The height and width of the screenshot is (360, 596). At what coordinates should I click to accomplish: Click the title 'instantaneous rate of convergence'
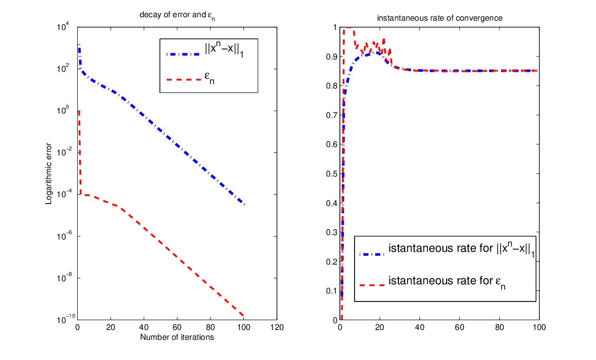[x=440, y=18]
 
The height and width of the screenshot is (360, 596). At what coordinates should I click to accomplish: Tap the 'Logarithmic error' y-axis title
[x=48, y=174]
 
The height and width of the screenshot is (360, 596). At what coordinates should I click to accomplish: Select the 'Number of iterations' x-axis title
[x=177, y=337]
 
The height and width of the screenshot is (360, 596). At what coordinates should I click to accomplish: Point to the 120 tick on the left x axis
[x=277, y=327]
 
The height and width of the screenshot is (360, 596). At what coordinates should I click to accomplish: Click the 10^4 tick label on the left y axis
[x=63, y=27]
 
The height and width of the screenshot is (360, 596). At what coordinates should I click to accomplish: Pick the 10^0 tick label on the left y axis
[x=63, y=110]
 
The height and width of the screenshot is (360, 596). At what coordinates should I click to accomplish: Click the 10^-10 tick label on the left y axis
[x=66, y=319]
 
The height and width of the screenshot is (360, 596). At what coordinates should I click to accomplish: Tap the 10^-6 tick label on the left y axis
[x=64, y=236]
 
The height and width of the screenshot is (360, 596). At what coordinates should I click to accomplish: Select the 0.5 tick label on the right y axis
[x=331, y=174]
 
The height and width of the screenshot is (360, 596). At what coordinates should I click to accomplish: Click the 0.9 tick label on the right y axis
[x=331, y=57]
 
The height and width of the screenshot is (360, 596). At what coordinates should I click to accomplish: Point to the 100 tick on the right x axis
[x=539, y=327]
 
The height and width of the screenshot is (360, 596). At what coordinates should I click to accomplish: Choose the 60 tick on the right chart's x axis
[x=459, y=327]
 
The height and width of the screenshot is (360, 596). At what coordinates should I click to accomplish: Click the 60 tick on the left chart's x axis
[x=177, y=327]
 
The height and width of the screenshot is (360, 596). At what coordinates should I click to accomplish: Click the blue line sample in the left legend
[x=183, y=54]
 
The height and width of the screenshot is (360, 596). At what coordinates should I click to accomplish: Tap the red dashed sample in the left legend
[x=183, y=79]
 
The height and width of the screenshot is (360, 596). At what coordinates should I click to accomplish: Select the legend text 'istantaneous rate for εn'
[x=447, y=282]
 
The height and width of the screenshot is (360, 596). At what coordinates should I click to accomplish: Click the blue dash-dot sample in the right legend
[x=372, y=255]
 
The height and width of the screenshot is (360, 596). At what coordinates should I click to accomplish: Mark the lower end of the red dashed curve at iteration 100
[x=243, y=316]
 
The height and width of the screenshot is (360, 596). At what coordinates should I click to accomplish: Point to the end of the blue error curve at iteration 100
[x=244, y=204]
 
